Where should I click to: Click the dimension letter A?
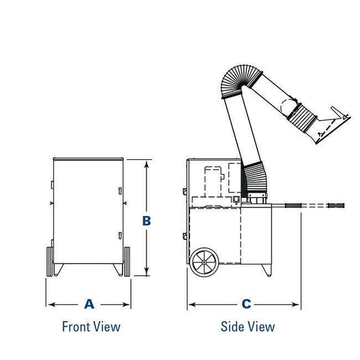89,304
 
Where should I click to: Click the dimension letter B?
147,220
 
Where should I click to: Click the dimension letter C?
246,304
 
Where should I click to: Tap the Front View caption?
91,326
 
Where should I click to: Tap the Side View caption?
248,326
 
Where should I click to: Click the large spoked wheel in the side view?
205,262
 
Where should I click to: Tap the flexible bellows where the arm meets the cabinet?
254,177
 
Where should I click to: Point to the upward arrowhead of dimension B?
147,163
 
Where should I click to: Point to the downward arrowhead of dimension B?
147,272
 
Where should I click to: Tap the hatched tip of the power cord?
336,206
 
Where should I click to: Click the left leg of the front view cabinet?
58,269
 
